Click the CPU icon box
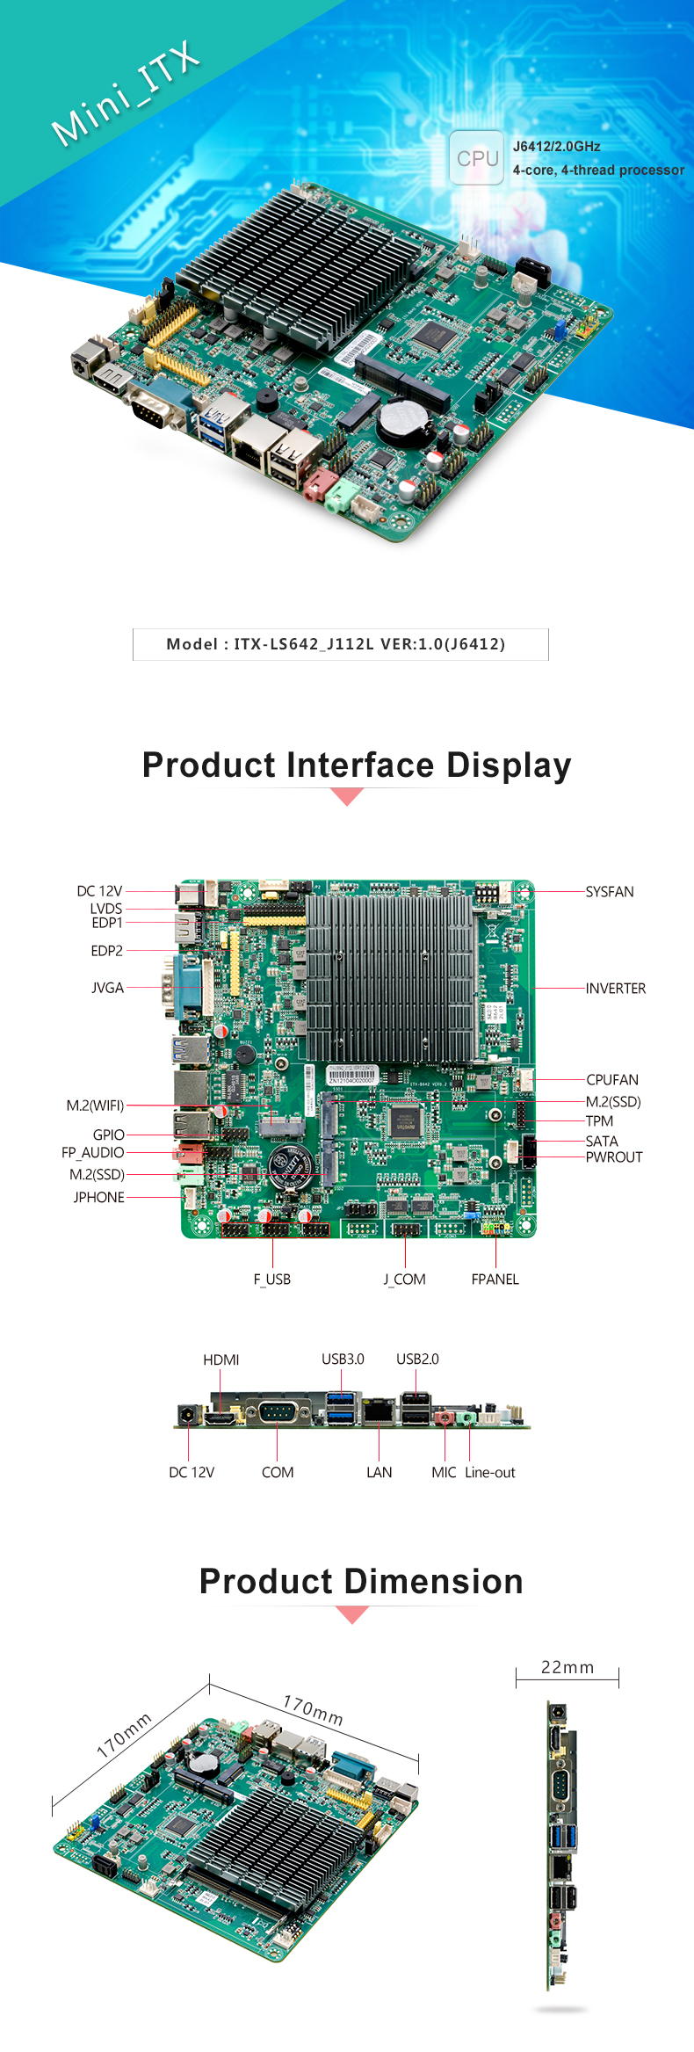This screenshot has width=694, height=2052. click(477, 158)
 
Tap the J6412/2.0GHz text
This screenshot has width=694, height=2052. click(557, 147)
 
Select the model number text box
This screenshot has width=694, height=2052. click(341, 644)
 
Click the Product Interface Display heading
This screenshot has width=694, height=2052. click(357, 765)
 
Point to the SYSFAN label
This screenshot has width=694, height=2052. click(610, 892)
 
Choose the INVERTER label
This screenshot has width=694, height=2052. click(616, 989)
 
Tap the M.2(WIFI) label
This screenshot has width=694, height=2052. click(96, 1106)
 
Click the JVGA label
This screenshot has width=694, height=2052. click(108, 988)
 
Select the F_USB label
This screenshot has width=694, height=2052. click(272, 1280)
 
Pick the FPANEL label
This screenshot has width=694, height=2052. click(495, 1280)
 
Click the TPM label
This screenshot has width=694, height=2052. click(600, 1121)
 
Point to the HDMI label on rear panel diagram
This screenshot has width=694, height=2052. click(221, 1360)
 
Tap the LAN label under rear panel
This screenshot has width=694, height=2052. click(380, 1472)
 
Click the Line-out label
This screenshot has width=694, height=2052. click(490, 1472)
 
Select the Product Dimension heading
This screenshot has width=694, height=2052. click(361, 1582)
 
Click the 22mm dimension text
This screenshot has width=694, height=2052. click(567, 1667)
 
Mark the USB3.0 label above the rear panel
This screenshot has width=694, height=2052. click(343, 1359)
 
